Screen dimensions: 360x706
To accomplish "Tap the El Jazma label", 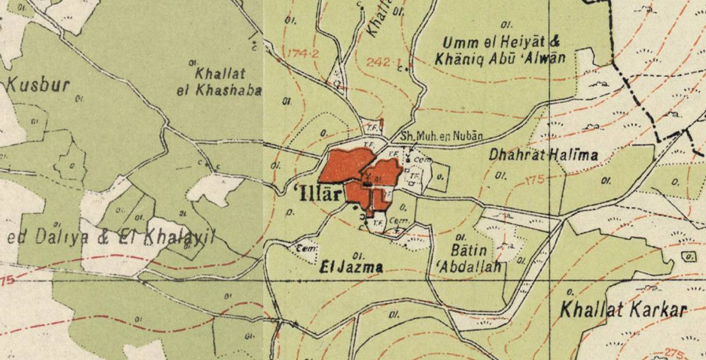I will coord(352,268).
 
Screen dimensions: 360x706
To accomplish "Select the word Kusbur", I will coord(38,85).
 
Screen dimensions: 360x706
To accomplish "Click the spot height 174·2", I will coord(303,54).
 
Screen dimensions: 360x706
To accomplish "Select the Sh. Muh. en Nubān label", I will coord(442,136).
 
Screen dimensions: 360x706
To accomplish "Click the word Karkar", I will coord(656,310).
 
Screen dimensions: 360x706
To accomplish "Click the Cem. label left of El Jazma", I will coord(305,249).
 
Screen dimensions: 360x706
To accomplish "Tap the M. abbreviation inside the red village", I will coord(377,178).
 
